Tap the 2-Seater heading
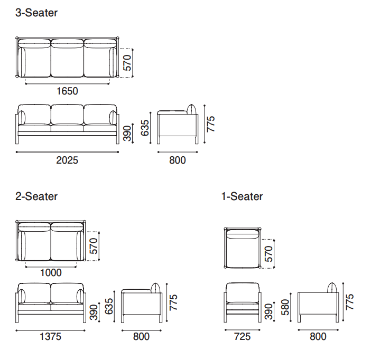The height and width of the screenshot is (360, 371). click(36, 196)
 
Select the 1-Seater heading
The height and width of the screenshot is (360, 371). click(242, 196)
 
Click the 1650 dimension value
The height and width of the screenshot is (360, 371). click(67, 91)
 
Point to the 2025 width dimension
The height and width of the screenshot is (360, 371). click(67, 159)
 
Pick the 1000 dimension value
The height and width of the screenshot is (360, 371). click(51, 273)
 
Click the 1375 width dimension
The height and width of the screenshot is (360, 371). click(51, 336)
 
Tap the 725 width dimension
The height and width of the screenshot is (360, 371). click(242, 336)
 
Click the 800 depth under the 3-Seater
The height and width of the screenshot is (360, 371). click(178, 159)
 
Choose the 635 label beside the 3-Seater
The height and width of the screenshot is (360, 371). click(146, 128)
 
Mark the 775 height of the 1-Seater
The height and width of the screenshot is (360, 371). click(350, 302)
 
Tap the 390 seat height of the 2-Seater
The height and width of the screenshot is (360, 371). click(93, 312)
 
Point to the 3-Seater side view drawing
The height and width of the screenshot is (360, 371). click(178, 126)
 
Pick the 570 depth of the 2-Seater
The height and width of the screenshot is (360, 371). click(94, 246)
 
